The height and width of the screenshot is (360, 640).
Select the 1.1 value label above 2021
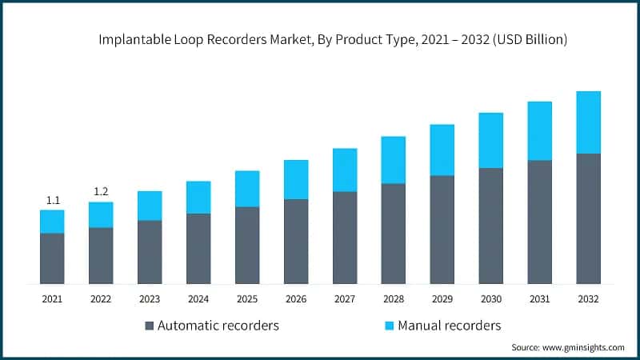pyautogui.click(x=52, y=200)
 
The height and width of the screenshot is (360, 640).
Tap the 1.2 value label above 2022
pyautogui.click(x=101, y=191)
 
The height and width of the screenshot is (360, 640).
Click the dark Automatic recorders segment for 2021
pyautogui.click(x=52, y=258)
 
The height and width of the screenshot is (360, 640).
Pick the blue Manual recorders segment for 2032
pyautogui.click(x=588, y=122)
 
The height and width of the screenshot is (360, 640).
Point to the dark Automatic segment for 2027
pyautogui.click(x=345, y=237)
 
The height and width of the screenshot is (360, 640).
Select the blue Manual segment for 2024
pyautogui.click(x=198, y=197)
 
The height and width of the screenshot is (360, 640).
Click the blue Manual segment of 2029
pyautogui.click(x=442, y=150)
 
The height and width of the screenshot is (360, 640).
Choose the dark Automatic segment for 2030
pyautogui.click(x=490, y=226)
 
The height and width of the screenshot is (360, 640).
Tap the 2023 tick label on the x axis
pyautogui.click(x=150, y=298)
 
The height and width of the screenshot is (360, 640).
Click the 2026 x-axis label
pyautogui.click(x=296, y=298)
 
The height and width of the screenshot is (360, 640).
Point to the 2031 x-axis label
pyautogui.click(x=539, y=298)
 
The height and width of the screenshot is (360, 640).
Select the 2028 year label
pyautogui.click(x=394, y=298)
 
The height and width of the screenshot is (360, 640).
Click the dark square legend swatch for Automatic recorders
pyautogui.click(x=150, y=326)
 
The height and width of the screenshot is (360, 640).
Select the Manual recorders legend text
pyautogui.click(x=451, y=326)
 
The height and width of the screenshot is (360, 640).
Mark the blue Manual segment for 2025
pyautogui.click(x=247, y=189)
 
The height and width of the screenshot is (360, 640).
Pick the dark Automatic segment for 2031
pyautogui.click(x=539, y=222)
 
